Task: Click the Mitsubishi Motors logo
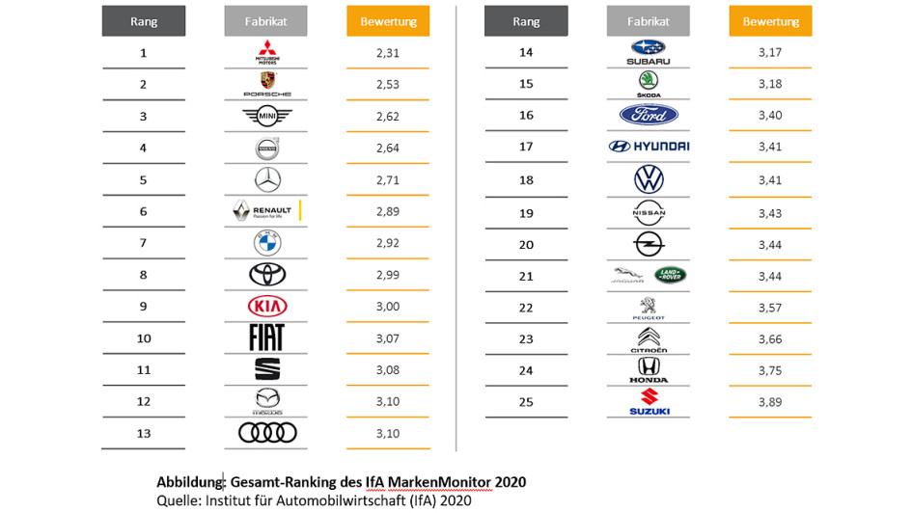(265, 53)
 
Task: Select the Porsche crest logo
(266, 85)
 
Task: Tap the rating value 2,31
(387, 53)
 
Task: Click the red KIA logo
(267, 306)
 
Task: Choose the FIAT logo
(266, 337)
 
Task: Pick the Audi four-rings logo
(267, 433)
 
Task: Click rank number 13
(143, 433)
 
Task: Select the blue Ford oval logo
(649, 115)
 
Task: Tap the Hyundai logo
(649, 147)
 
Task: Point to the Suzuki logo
(649, 402)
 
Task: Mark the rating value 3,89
(770, 402)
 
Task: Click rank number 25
(526, 402)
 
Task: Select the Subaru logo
(649, 53)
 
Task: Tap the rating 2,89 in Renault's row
(387, 211)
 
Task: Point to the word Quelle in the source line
(178, 499)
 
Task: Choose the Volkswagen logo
(649, 179)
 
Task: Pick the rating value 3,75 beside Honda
(770, 370)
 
